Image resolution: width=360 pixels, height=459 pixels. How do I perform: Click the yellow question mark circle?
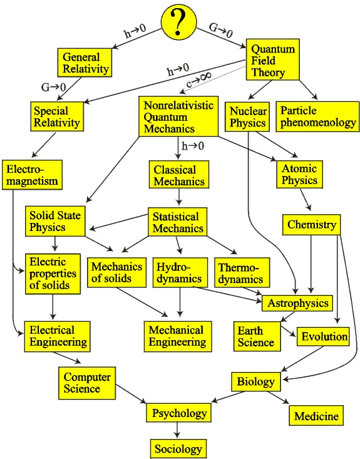tap(179, 22)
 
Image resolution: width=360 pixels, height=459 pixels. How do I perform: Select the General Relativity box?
tap(85, 63)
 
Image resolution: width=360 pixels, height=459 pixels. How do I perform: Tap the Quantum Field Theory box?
tap(273, 59)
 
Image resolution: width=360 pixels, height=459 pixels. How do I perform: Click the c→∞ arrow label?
tap(198, 80)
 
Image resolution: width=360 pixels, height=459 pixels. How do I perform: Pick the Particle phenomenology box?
tap(317, 116)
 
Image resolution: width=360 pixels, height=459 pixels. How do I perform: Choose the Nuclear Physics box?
tap(247, 116)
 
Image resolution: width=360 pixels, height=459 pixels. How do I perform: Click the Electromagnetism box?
tap(32, 175)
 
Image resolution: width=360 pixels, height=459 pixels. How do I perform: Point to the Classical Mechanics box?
tap(179, 175)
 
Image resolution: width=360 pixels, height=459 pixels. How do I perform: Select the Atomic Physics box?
tap(299, 174)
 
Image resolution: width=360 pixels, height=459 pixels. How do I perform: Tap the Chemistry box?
tap(311, 225)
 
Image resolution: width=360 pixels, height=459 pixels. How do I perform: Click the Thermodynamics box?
tap(242, 272)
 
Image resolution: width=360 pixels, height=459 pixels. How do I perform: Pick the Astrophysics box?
tap(297, 303)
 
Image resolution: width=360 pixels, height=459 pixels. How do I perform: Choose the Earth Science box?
tap(257, 336)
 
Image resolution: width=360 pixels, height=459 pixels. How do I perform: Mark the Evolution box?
tap(323, 337)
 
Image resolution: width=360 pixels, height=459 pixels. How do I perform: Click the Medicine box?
tap(316, 415)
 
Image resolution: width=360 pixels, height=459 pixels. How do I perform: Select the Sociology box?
tap(178, 448)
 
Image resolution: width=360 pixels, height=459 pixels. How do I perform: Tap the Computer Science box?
tap(87, 383)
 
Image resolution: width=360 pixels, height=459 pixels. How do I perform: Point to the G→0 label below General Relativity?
tap(54, 87)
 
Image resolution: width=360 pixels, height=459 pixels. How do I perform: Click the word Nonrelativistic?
tap(178, 105)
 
